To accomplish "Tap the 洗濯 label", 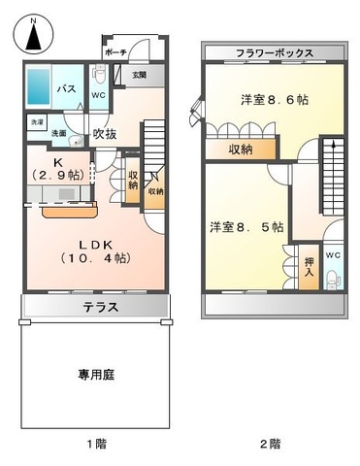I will coord(37,122).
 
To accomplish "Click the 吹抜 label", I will coord(104,134).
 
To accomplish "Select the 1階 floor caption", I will coord(95,444).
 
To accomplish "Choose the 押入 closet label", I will coord(309,266).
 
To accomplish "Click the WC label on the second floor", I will coord(333,255).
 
